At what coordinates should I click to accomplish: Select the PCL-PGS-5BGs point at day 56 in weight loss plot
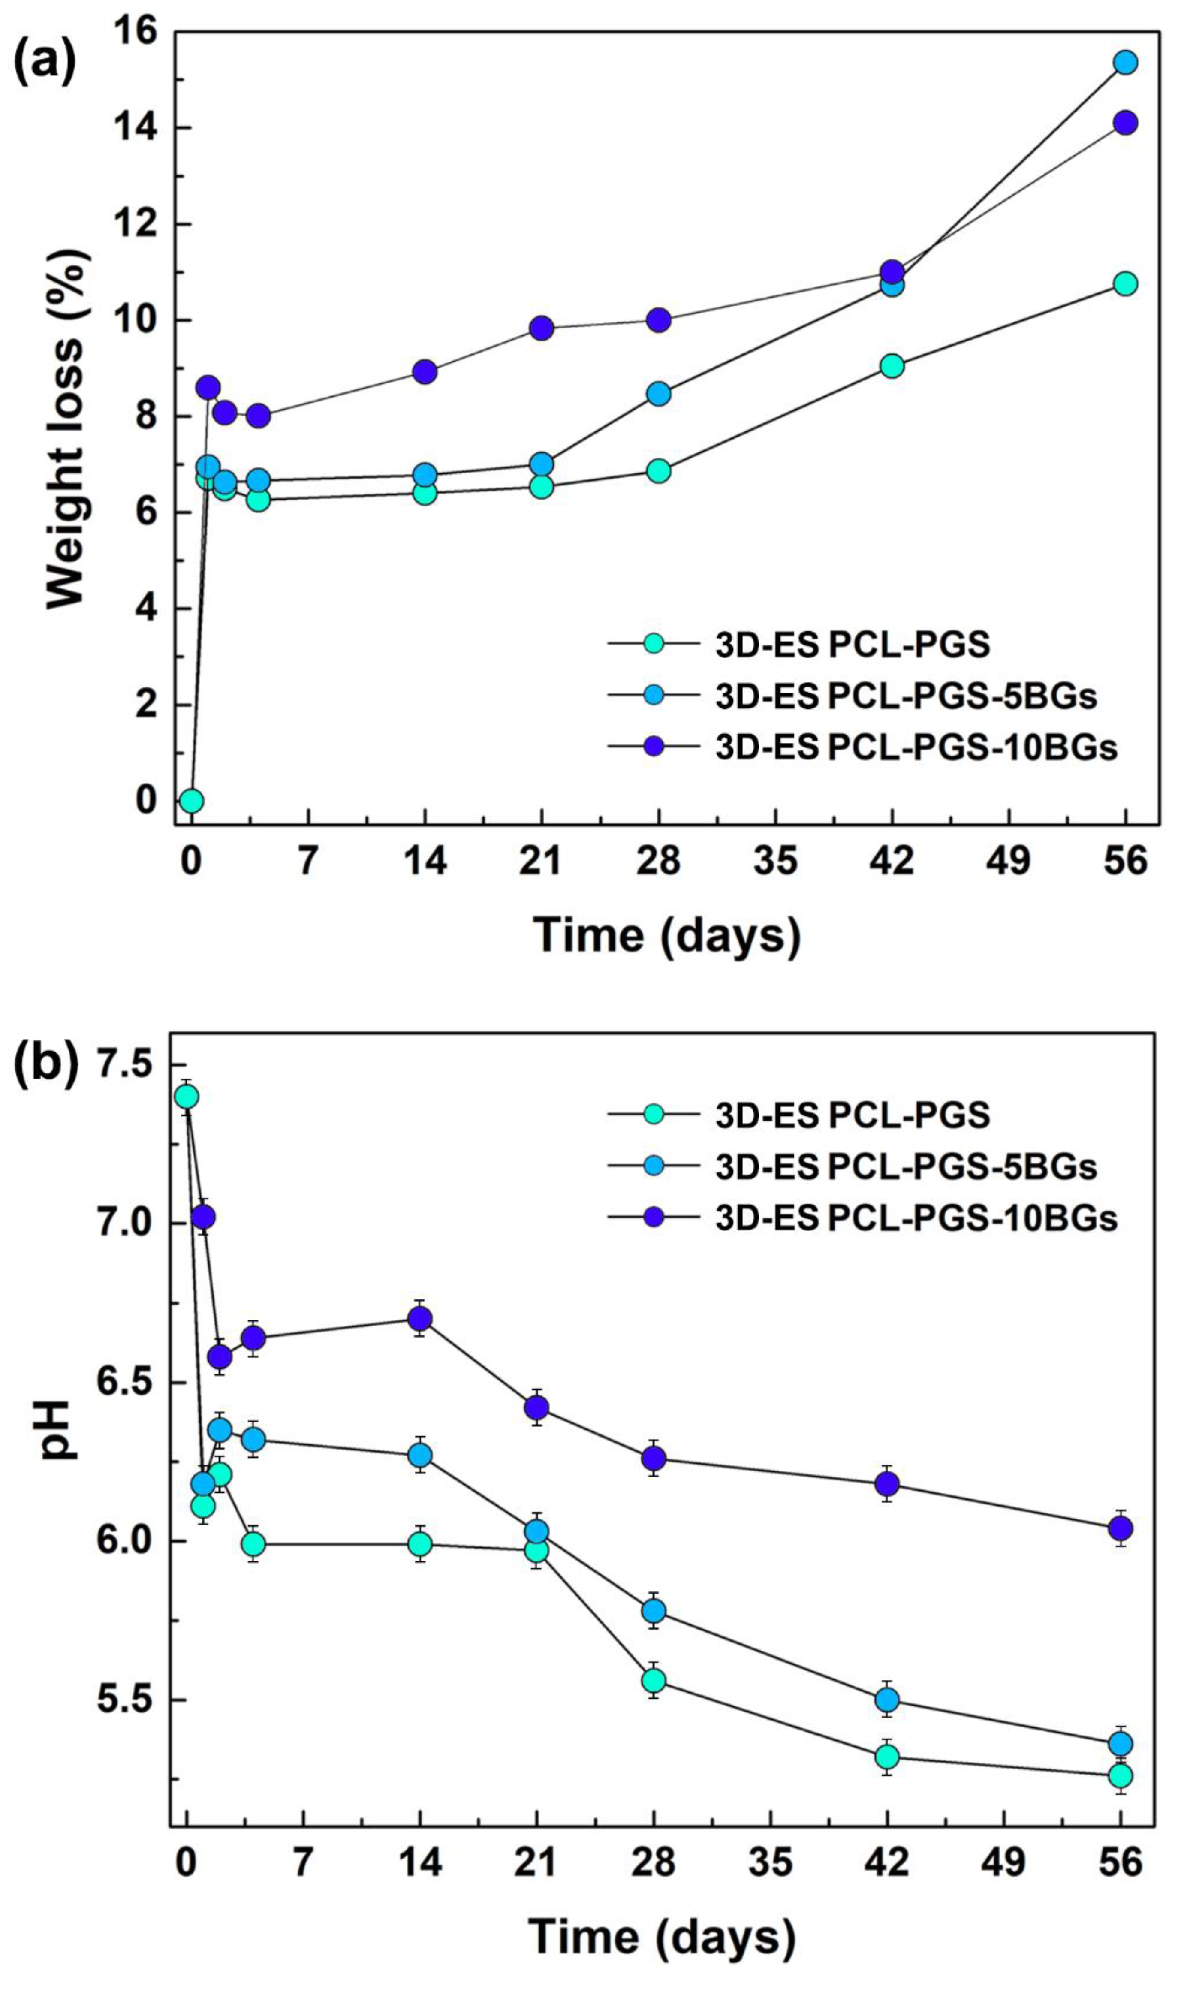pyautogui.click(x=1125, y=63)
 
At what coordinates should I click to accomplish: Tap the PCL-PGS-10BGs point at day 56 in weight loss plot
pyautogui.click(x=1125, y=123)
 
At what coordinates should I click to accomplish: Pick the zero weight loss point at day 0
pyautogui.click(x=191, y=800)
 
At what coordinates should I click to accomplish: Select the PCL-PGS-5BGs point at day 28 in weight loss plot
pyautogui.click(x=658, y=394)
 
